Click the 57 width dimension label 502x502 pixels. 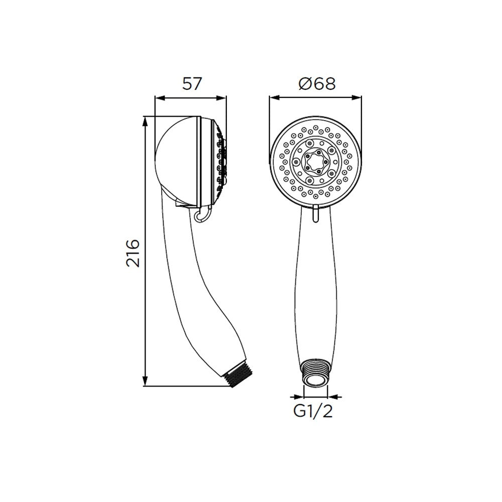[x=192, y=84]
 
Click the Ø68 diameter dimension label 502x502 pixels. [x=317, y=84]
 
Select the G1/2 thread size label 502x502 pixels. [x=313, y=412]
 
